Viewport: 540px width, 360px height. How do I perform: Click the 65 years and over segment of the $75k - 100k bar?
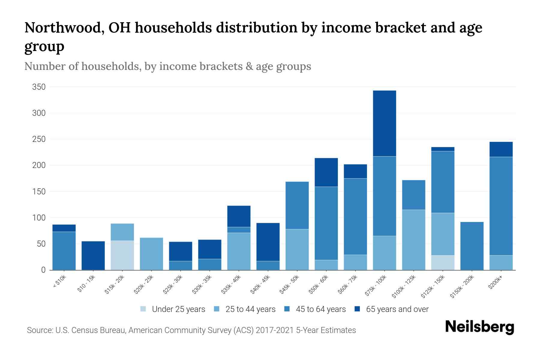point(384,123)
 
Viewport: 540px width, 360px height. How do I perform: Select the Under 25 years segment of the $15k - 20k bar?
point(122,255)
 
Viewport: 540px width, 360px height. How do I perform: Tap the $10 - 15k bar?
point(93,256)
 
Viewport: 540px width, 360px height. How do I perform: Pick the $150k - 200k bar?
point(472,246)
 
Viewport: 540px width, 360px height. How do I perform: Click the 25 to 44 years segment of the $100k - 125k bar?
point(413,240)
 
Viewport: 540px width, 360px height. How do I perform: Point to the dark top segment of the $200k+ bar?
point(501,149)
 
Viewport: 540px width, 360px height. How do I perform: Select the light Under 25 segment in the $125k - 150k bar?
point(442,262)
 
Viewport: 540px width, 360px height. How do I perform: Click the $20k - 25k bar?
point(151,254)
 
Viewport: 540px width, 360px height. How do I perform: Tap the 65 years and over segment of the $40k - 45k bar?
point(268,242)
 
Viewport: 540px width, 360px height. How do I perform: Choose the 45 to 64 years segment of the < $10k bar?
point(64,251)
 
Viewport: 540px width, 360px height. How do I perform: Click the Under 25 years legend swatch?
point(143,309)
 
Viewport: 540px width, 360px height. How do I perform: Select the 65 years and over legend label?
point(397,309)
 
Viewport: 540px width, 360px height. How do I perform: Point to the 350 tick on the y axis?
point(39,87)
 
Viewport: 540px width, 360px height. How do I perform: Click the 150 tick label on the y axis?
point(39,191)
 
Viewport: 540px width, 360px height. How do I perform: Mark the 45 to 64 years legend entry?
point(315,309)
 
